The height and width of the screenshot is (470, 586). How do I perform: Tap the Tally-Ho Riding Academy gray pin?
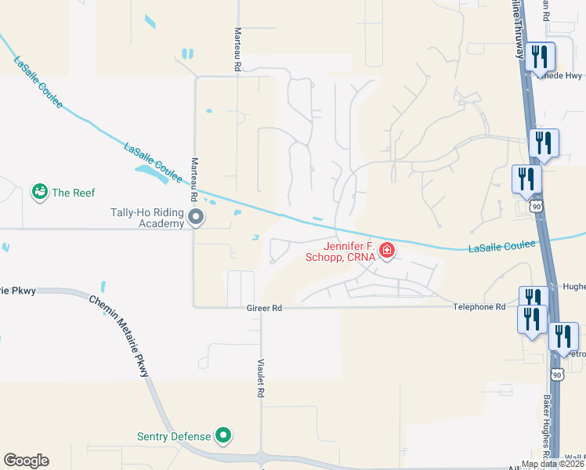[196, 217]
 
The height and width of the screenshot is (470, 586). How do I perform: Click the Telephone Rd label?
[479, 308]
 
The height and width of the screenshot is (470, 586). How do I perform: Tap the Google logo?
[26, 461]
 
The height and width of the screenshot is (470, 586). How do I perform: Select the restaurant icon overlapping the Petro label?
[562, 336]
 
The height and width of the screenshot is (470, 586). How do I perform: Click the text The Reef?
[73, 192]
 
